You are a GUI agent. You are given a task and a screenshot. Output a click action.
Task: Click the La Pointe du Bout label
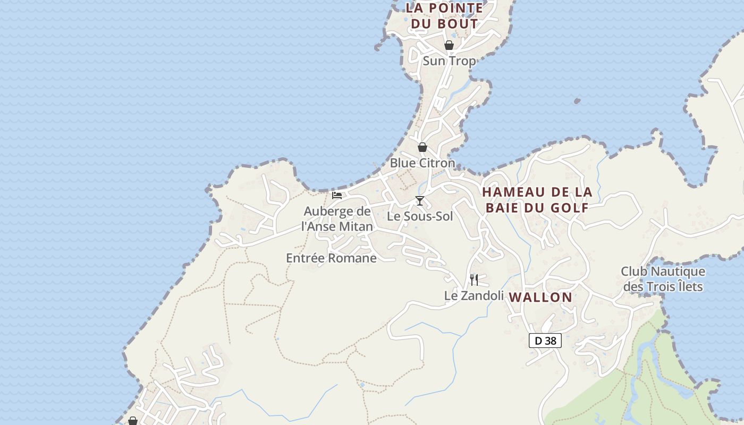[x=445, y=16]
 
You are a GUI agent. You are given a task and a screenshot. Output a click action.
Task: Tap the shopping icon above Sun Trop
[x=449, y=45]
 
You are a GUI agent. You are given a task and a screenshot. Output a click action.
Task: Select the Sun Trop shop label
[x=449, y=61]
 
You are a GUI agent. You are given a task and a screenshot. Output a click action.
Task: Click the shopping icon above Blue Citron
[x=422, y=147]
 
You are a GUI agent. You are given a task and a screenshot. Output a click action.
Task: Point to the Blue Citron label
[x=422, y=163]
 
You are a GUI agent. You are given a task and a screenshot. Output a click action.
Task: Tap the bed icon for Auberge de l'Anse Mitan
[x=337, y=195]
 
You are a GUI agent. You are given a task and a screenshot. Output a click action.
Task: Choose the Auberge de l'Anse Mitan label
[x=337, y=219]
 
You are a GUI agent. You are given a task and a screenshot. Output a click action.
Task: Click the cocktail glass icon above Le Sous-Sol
[x=420, y=201]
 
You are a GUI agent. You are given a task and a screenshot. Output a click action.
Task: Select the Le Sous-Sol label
[x=420, y=216]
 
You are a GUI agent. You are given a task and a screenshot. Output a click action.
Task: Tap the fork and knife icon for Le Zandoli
[x=474, y=279]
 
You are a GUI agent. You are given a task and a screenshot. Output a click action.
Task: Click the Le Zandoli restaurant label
[x=474, y=295]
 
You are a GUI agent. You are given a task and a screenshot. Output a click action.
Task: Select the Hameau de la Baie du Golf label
[x=537, y=199]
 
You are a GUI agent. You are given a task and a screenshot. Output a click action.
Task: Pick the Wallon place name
[x=540, y=297]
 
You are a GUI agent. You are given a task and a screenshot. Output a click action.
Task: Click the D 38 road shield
[x=545, y=341]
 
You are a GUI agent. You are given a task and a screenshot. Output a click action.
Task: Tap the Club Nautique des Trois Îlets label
[x=663, y=279]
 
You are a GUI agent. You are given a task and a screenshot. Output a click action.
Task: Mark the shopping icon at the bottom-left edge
[x=133, y=421]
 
